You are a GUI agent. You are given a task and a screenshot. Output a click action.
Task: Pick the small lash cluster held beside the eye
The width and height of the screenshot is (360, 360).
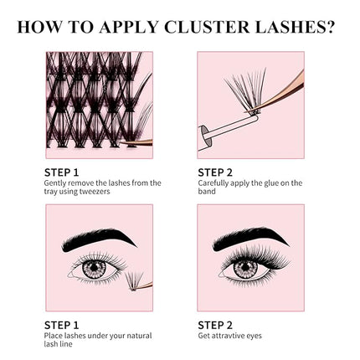tap(135, 280)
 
